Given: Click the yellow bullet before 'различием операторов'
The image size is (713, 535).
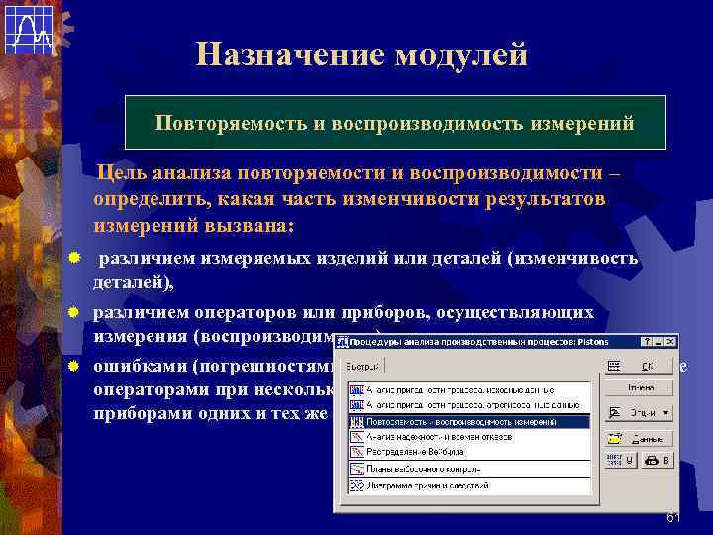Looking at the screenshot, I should (x=74, y=312).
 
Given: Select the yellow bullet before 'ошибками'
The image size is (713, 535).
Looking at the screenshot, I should (x=74, y=365).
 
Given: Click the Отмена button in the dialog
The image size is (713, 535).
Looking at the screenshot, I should (x=638, y=387).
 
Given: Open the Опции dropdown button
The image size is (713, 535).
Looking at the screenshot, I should (x=638, y=413).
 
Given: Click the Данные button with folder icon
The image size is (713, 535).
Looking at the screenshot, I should (x=638, y=438).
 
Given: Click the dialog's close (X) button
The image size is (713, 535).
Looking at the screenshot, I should (x=670, y=342).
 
